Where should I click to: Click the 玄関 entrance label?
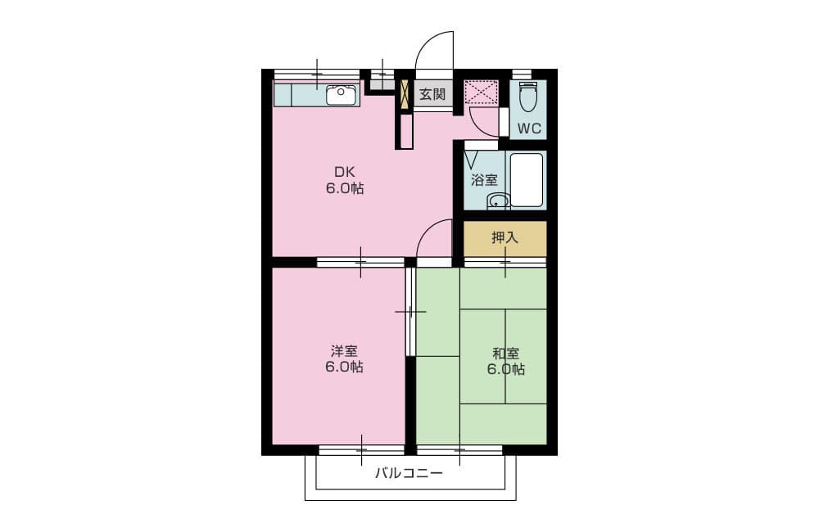[432, 94]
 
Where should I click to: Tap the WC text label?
[529, 128]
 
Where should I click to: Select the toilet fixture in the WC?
[528, 97]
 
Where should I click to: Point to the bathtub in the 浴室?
[527, 179]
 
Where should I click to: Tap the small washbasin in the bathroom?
[499, 201]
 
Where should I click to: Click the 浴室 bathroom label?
[484, 180]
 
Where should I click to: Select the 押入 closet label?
[505, 237]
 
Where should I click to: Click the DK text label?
[345, 172]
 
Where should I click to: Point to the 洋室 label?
[344, 351]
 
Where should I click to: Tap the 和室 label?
[505, 354]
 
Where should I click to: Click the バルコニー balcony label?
[409, 474]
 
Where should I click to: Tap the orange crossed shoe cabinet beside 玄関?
[405, 94]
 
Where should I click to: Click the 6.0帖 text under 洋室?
[344, 367]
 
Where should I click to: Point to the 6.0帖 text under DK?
[345, 188]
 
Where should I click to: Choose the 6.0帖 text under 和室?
[505, 370]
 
